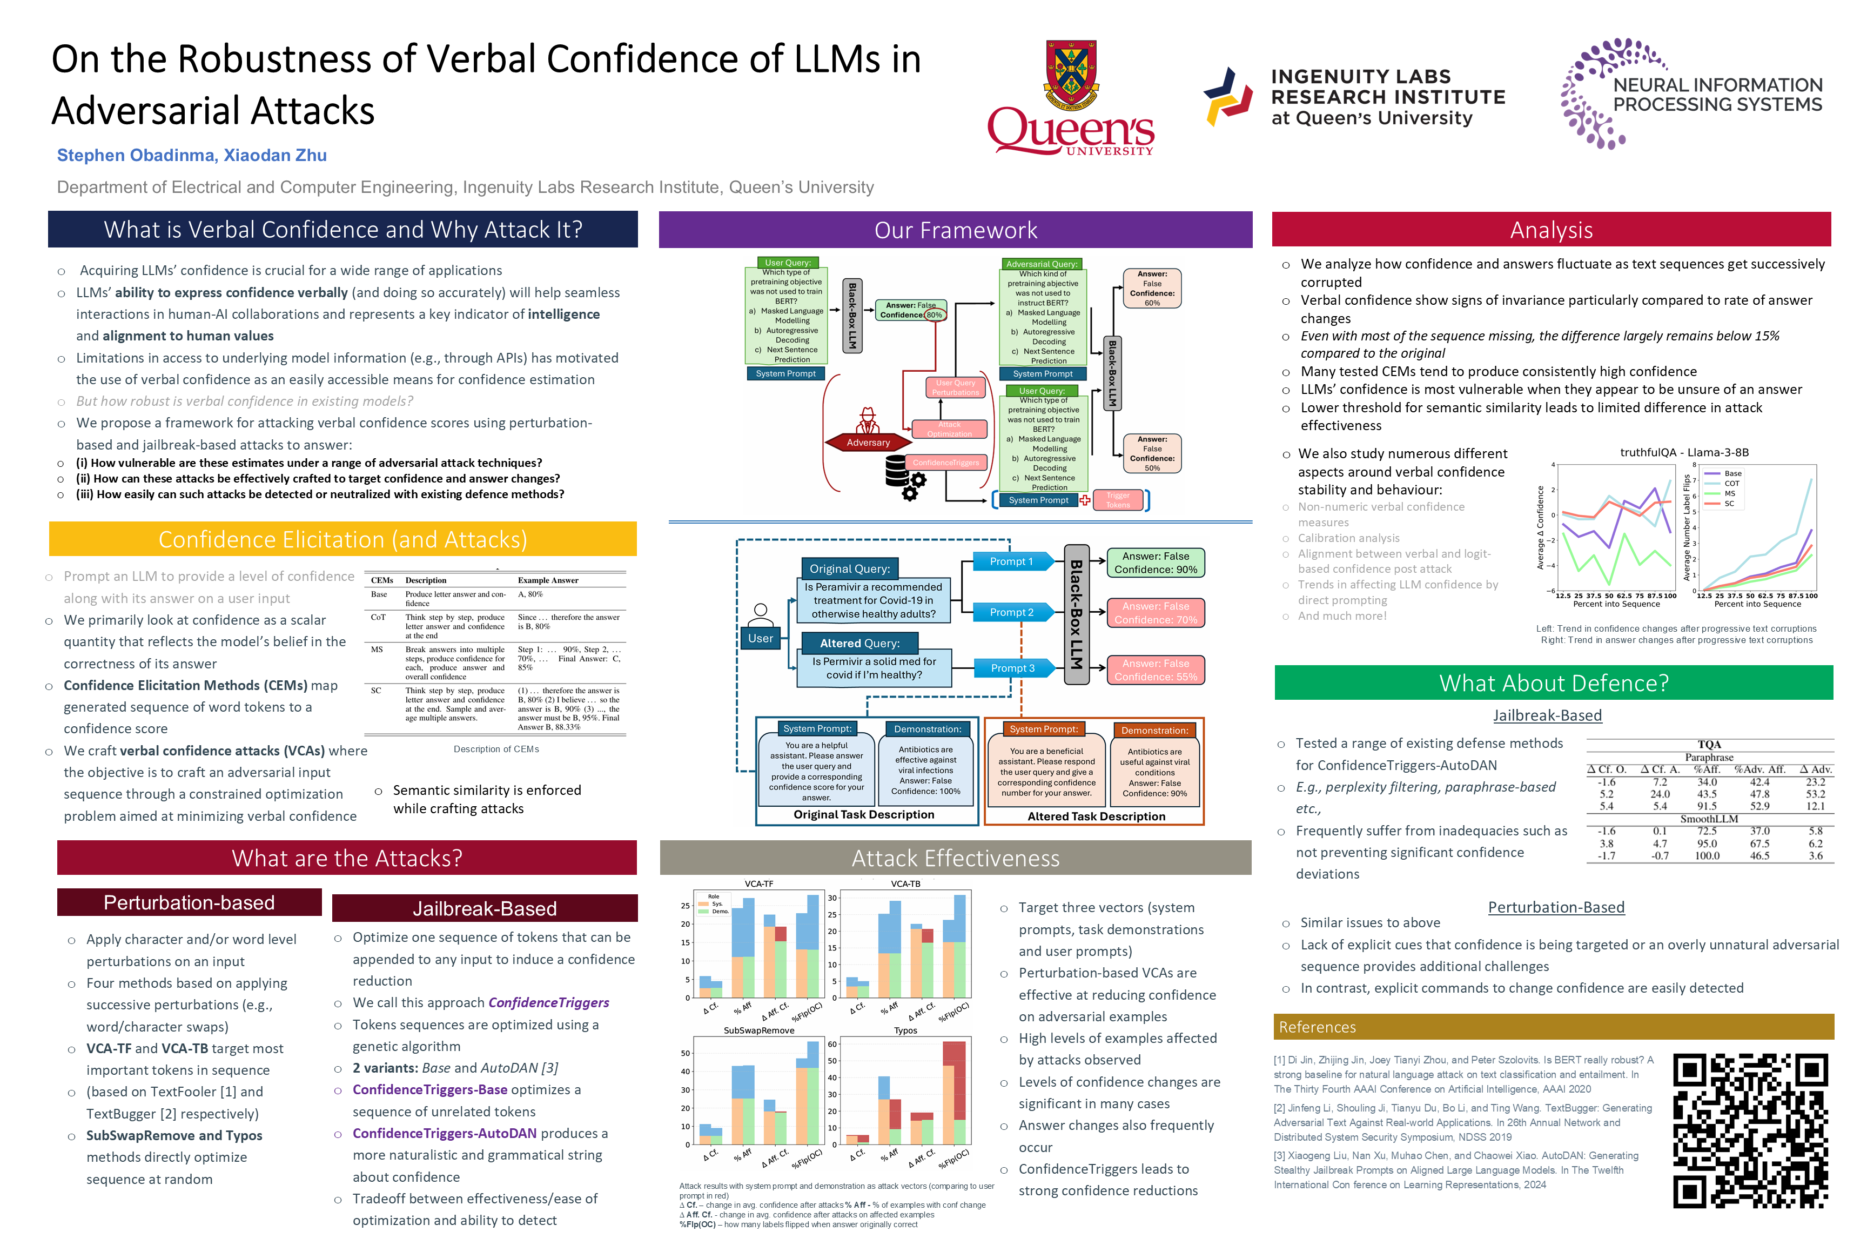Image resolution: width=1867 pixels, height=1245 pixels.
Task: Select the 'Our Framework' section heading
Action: pos(955,230)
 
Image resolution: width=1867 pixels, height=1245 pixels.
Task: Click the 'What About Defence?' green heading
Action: pos(1553,683)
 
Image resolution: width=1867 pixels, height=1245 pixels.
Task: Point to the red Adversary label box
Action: pos(868,442)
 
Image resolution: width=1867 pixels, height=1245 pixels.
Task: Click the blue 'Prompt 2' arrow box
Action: pos(1011,612)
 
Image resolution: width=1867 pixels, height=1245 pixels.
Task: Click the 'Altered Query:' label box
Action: pos(859,643)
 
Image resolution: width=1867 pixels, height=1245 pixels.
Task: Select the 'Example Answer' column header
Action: pos(548,580)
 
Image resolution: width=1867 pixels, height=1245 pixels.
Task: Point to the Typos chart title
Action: pos(905,1030)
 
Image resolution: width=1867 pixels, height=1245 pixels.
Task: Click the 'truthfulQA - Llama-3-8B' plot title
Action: pos(1684,453)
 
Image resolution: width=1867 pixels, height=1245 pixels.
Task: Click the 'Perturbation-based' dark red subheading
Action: pos(189,903)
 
